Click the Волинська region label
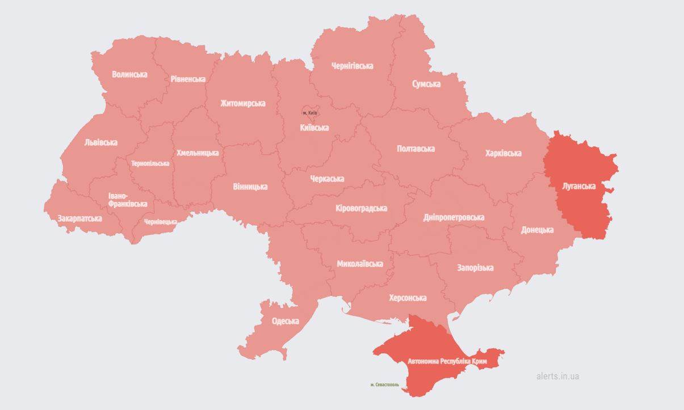coord(129,74)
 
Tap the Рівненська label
coord(188,79)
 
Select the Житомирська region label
coord(243,104)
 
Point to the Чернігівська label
coord(352,66)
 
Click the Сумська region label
coord(426,84)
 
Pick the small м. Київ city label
coord(310,113)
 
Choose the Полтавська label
coord(416,149)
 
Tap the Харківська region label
coord(503,153)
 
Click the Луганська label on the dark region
coord(578,186)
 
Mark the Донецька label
coord(537,230)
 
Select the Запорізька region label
coord(475,268)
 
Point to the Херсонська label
coord(408,298)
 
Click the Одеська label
coord(285,321)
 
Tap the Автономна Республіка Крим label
coord(447,361)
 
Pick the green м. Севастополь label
coord(384,384)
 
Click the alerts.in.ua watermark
coord(557,376)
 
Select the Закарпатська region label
coord(80,218)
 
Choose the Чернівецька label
coord(160,222)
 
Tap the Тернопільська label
coord(150,163)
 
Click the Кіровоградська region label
coord(361,208)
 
